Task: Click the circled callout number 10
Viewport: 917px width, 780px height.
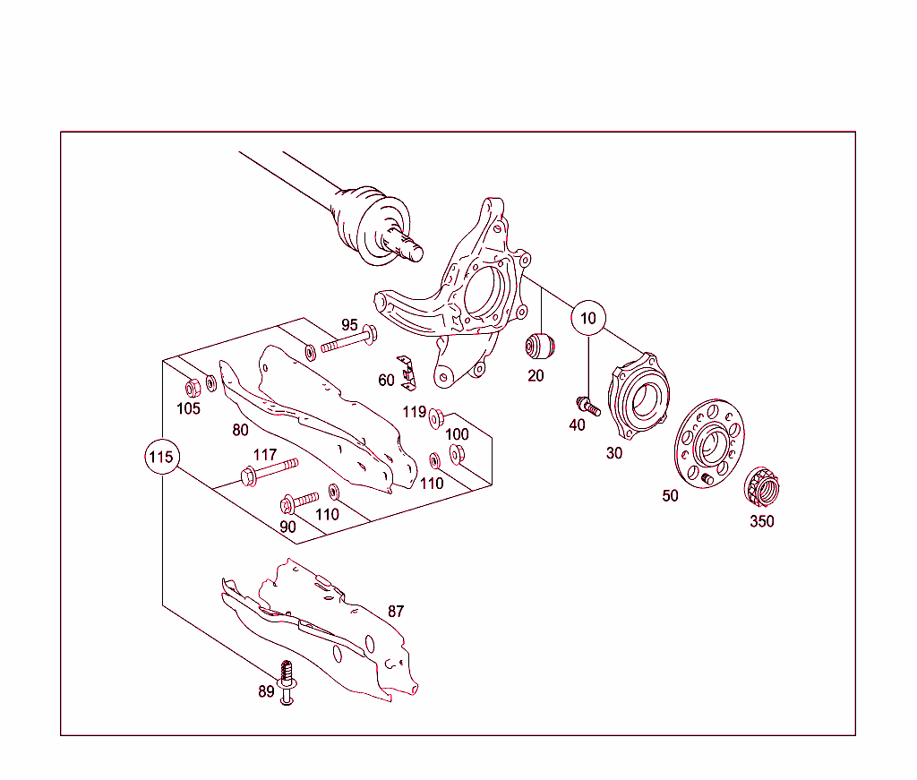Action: click(x=588, y=317)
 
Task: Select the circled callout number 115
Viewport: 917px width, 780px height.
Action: click(x=161, y=458)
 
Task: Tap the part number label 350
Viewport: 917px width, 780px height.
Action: click(x=762, y=521)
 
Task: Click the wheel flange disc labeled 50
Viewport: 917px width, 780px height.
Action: click(x=707, y=444)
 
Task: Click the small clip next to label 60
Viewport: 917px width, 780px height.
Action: click(x=410, y=373)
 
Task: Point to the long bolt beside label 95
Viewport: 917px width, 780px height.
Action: click(x=347, y=341)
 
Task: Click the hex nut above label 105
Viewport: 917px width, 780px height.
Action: click(x=191, y=387)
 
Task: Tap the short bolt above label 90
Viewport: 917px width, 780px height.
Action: click(x=300, y=500)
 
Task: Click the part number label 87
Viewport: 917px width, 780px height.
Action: click(x=396, y=612)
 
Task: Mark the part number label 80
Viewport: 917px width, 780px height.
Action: click(x=240, y=430)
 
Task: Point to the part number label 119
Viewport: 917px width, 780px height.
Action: click(x=414, y=412)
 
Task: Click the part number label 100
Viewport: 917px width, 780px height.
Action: click(x=457, y=434)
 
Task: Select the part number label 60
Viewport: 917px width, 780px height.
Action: click(x=386, y=380)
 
